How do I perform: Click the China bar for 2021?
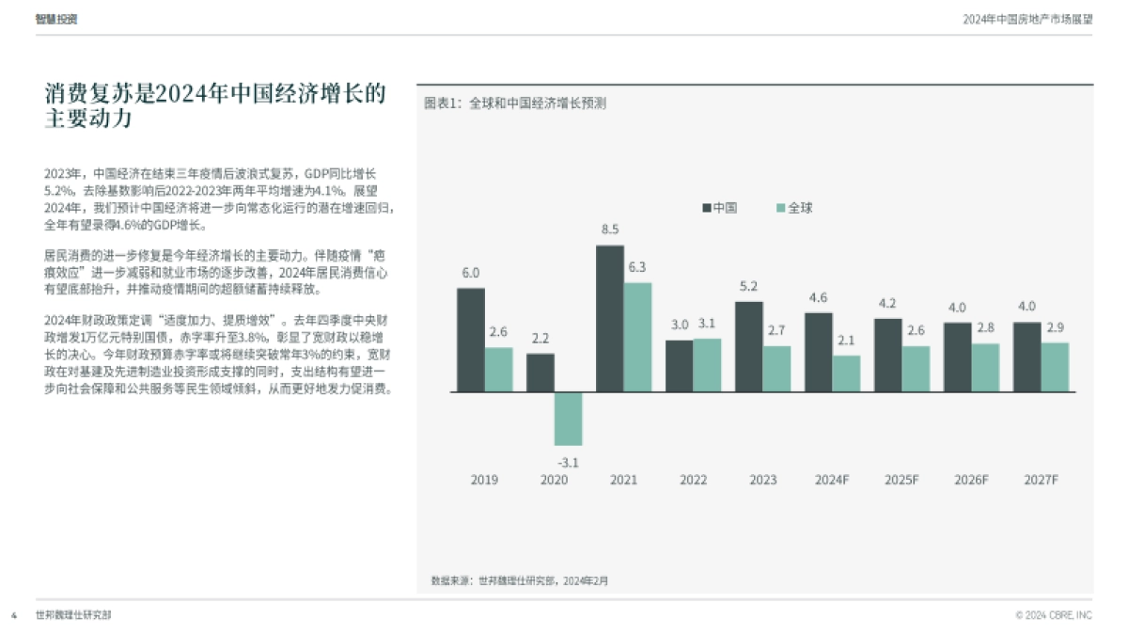pos(610,319)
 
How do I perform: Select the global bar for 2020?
pos(568,418)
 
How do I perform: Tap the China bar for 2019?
pos(471,340)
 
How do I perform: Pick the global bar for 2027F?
pos(1055,367)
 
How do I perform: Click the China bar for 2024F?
pos(818,352)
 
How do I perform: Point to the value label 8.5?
pos(610,230)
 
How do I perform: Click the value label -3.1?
pos(568,462)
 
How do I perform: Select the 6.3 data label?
pos(637,266)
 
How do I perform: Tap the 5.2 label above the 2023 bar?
pos(748,286)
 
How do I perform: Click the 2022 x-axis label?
pos(694,480)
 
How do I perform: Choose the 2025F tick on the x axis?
pos(901,480)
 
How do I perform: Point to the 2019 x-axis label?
pos(484,480)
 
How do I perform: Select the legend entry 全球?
pos(793,208)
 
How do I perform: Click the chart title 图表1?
pos(514,103)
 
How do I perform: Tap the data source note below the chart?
pos(519,580)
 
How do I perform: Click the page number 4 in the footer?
pos(14,615)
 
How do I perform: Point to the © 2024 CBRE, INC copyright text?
pos(1054,615)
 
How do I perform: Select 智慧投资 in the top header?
pos(56,19)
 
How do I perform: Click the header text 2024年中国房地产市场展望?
pos(1027,19)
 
